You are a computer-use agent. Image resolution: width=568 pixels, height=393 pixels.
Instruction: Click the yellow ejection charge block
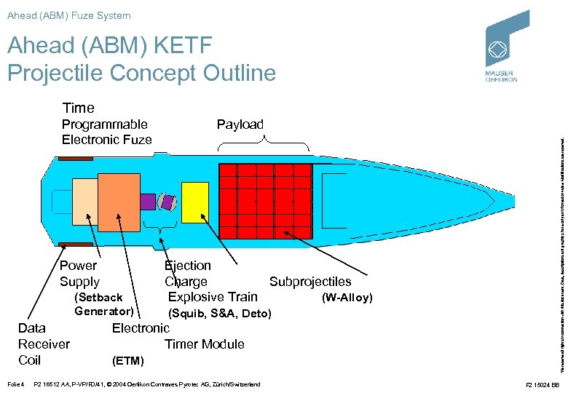194,201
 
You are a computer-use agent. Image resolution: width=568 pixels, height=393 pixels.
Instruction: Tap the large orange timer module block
119,200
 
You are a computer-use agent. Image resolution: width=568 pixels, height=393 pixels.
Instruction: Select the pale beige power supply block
84,201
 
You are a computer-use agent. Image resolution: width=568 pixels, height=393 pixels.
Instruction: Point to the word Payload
240,124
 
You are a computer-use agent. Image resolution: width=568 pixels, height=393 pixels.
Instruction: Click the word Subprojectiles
310,282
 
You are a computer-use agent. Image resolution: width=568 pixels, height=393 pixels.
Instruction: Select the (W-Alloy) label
347,298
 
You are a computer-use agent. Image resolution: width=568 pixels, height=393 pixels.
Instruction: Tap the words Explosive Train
213,297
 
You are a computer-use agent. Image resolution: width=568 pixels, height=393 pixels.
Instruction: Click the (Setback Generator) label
103,304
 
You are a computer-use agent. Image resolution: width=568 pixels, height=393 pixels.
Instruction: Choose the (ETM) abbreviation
128,360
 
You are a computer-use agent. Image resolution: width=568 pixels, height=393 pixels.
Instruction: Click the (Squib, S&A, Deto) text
219,314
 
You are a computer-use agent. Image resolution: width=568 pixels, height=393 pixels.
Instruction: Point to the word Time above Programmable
78,108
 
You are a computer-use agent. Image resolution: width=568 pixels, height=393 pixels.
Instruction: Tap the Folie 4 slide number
15,384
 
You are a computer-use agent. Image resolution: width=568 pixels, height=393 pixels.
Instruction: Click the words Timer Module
205,344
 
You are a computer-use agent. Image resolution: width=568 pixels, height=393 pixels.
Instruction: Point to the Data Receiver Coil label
43,344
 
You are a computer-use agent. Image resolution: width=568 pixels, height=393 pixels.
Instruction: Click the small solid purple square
148,201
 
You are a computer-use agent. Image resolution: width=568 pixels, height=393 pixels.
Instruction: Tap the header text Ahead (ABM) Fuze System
69,15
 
